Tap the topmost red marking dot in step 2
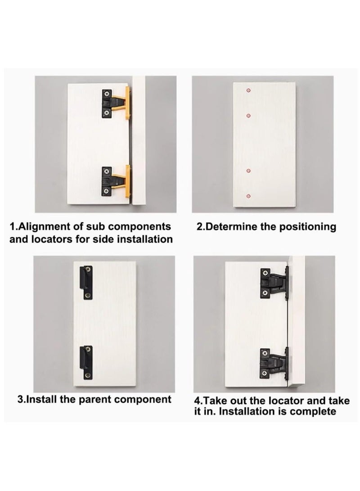pos(248,90)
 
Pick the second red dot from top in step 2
pos(248,116)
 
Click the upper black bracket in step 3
pos(86,282)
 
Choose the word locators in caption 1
pos(52,239)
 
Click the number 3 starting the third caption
pos(20,399)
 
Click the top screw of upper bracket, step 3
pos(89,270)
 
